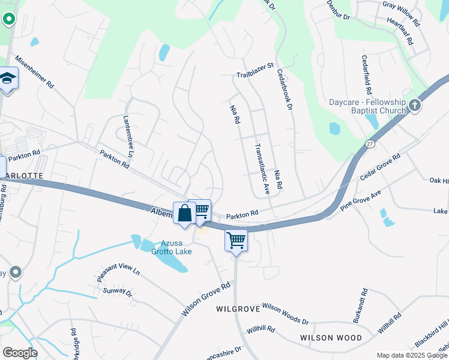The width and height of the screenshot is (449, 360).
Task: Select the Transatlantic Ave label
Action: click(x=262, y=169)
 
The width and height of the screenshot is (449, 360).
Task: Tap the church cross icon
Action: click(x=415, y=106)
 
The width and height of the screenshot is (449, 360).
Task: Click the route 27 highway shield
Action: click(x=369, y=144)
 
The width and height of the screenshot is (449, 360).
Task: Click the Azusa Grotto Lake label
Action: click(x=176, y=247)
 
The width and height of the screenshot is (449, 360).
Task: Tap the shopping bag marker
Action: click(x=184, y=214)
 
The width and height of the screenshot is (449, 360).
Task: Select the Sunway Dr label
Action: click(x=117, y=292)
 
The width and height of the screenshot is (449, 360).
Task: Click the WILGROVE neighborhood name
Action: click(x=238, y=309)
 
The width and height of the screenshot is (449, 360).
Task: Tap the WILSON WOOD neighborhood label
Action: click(x=331, y=338)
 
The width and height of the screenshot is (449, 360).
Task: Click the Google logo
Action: click(x=19, y=353)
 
